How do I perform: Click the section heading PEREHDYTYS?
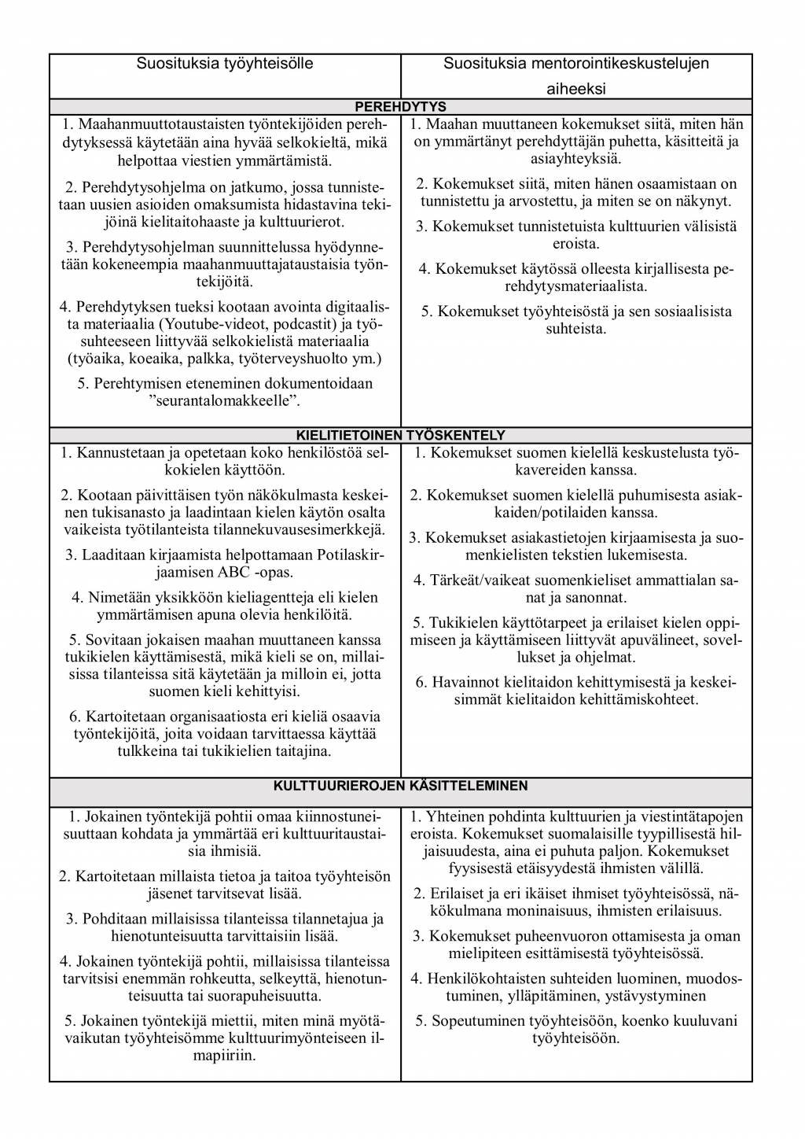pos(401,106)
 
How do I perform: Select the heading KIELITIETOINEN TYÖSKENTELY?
pos(401,435)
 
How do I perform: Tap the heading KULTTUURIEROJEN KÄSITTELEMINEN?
pos(401,785)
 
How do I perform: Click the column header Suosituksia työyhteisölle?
pos(225,64)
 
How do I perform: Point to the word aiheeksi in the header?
pos(576,89)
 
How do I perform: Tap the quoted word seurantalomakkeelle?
pos(225,401)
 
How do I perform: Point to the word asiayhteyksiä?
pos(576,158)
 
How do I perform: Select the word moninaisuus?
pos(592,911)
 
